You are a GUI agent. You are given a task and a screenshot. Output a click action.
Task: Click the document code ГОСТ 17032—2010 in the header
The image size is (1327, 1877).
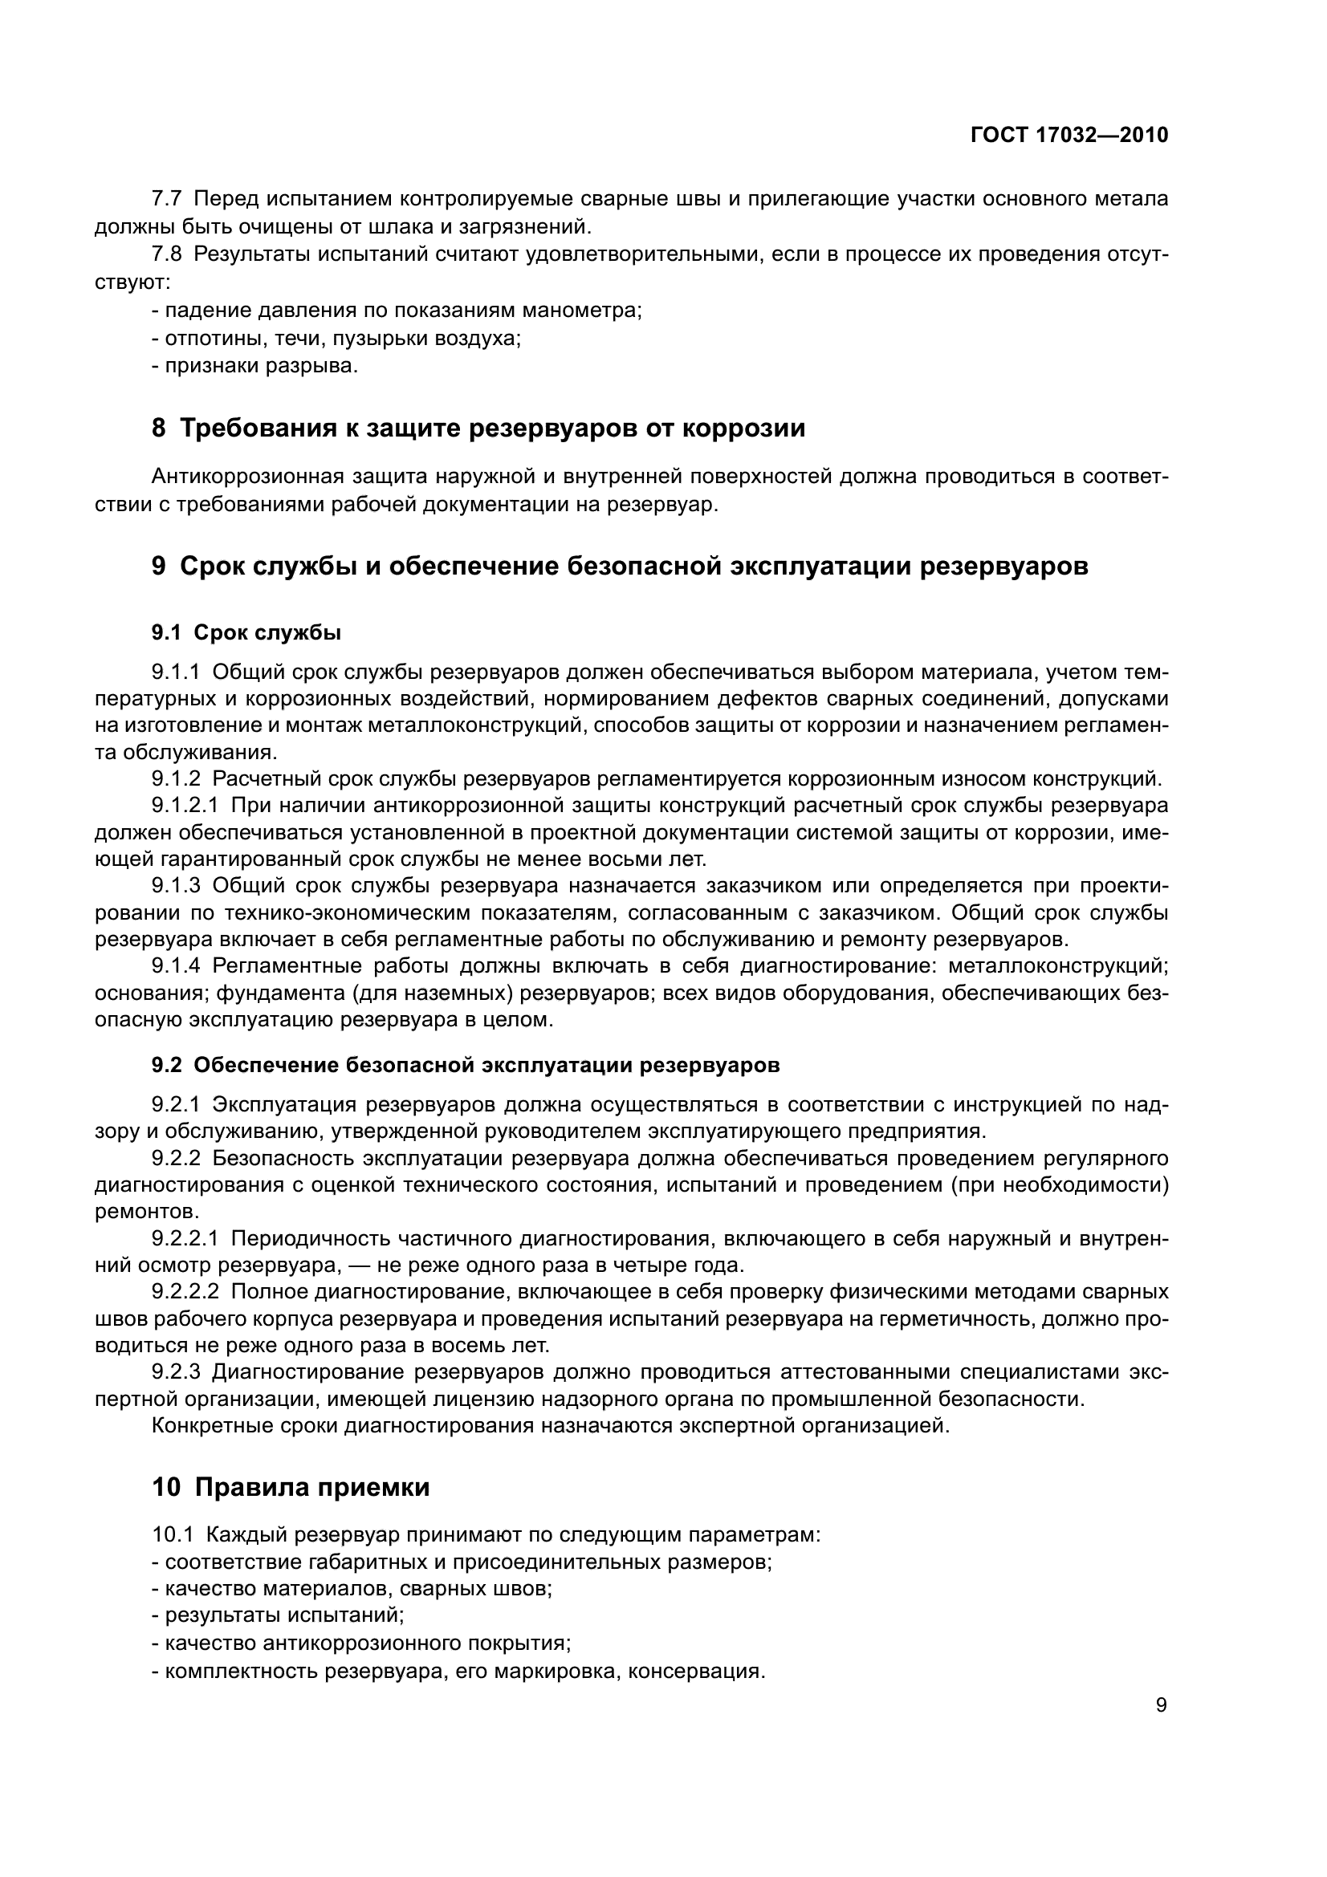tap(1069, 136)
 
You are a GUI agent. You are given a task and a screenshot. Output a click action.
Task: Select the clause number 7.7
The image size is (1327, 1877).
tap(168, 199)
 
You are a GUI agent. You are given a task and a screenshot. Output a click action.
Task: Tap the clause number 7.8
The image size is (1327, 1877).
tap(168, 254)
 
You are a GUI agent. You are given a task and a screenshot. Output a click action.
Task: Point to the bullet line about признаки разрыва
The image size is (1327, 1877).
tap(255, 365)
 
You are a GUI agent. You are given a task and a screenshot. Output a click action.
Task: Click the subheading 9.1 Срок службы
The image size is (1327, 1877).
tap(246, 632)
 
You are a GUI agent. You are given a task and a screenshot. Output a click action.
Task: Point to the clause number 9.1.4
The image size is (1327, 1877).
tap(176, 966)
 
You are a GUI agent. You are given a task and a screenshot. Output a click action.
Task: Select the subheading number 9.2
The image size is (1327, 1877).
tap(167, 1066)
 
